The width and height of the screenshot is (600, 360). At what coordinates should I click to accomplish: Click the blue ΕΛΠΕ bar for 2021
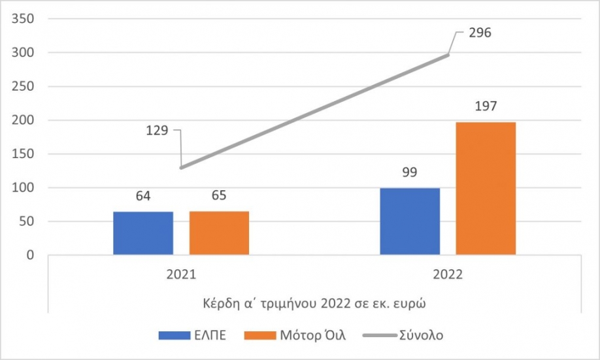[x=143, y=233]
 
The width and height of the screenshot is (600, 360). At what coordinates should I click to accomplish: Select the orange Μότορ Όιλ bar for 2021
[x=219, y=233]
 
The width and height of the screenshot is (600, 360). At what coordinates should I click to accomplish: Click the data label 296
[x=480, y=33]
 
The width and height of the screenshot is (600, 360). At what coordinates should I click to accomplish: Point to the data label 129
[x=156, y=130]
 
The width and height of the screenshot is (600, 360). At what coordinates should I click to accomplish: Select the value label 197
[x=486, y=107]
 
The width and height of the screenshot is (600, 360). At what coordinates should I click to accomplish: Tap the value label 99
[x=410, y=173]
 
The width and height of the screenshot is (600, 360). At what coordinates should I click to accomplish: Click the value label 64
[x=143, y=197]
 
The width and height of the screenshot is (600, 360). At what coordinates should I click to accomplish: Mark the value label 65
[x=219, y=197]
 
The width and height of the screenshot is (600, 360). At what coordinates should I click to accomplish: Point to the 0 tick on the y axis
[x=30, y=255]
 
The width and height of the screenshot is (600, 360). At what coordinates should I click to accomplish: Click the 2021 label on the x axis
[x=181, y=275]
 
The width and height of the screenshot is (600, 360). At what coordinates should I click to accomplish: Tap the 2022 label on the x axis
[x=448, y=275]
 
